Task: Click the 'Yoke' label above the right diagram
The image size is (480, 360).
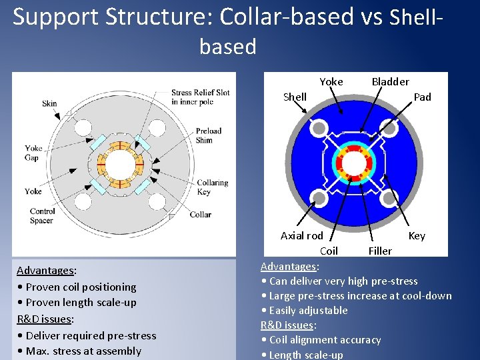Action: pyautogui.click(x=331, y=82)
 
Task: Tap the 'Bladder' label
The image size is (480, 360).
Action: pyautogui.click(x=390, y=82)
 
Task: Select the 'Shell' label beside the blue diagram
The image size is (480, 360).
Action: pyautogui.click(x=295, y=97)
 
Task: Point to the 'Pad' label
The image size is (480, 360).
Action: pyautogui.click(x=422, y=97)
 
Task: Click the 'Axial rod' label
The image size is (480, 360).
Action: pyautogui.click(x=301, y=236)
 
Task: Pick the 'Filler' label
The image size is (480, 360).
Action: pyautogui.click(x=380, y=251)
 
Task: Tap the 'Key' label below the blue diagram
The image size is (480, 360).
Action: pyautogui.click(x=416, y=236)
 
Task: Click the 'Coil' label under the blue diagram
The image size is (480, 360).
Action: pyautogui.click(x=329, y=251)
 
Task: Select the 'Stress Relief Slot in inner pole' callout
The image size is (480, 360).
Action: pyautogui.click(x=200, y=97)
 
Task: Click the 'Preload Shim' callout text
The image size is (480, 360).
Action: pyautogui.click(x=208, y=136)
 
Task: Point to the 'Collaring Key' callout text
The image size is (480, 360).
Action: pyautogui.click(x=212, y=187)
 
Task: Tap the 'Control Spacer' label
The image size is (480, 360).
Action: pyautogui.click(x=42, y=216)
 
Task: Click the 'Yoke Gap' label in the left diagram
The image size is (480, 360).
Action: pyautogui.click(x=33, y=153)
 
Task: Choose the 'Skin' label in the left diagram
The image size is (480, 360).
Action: pyautogui.click(x=49, y=103)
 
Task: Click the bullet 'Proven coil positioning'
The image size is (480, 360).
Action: pyautogui.click(x=76, y=287)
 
